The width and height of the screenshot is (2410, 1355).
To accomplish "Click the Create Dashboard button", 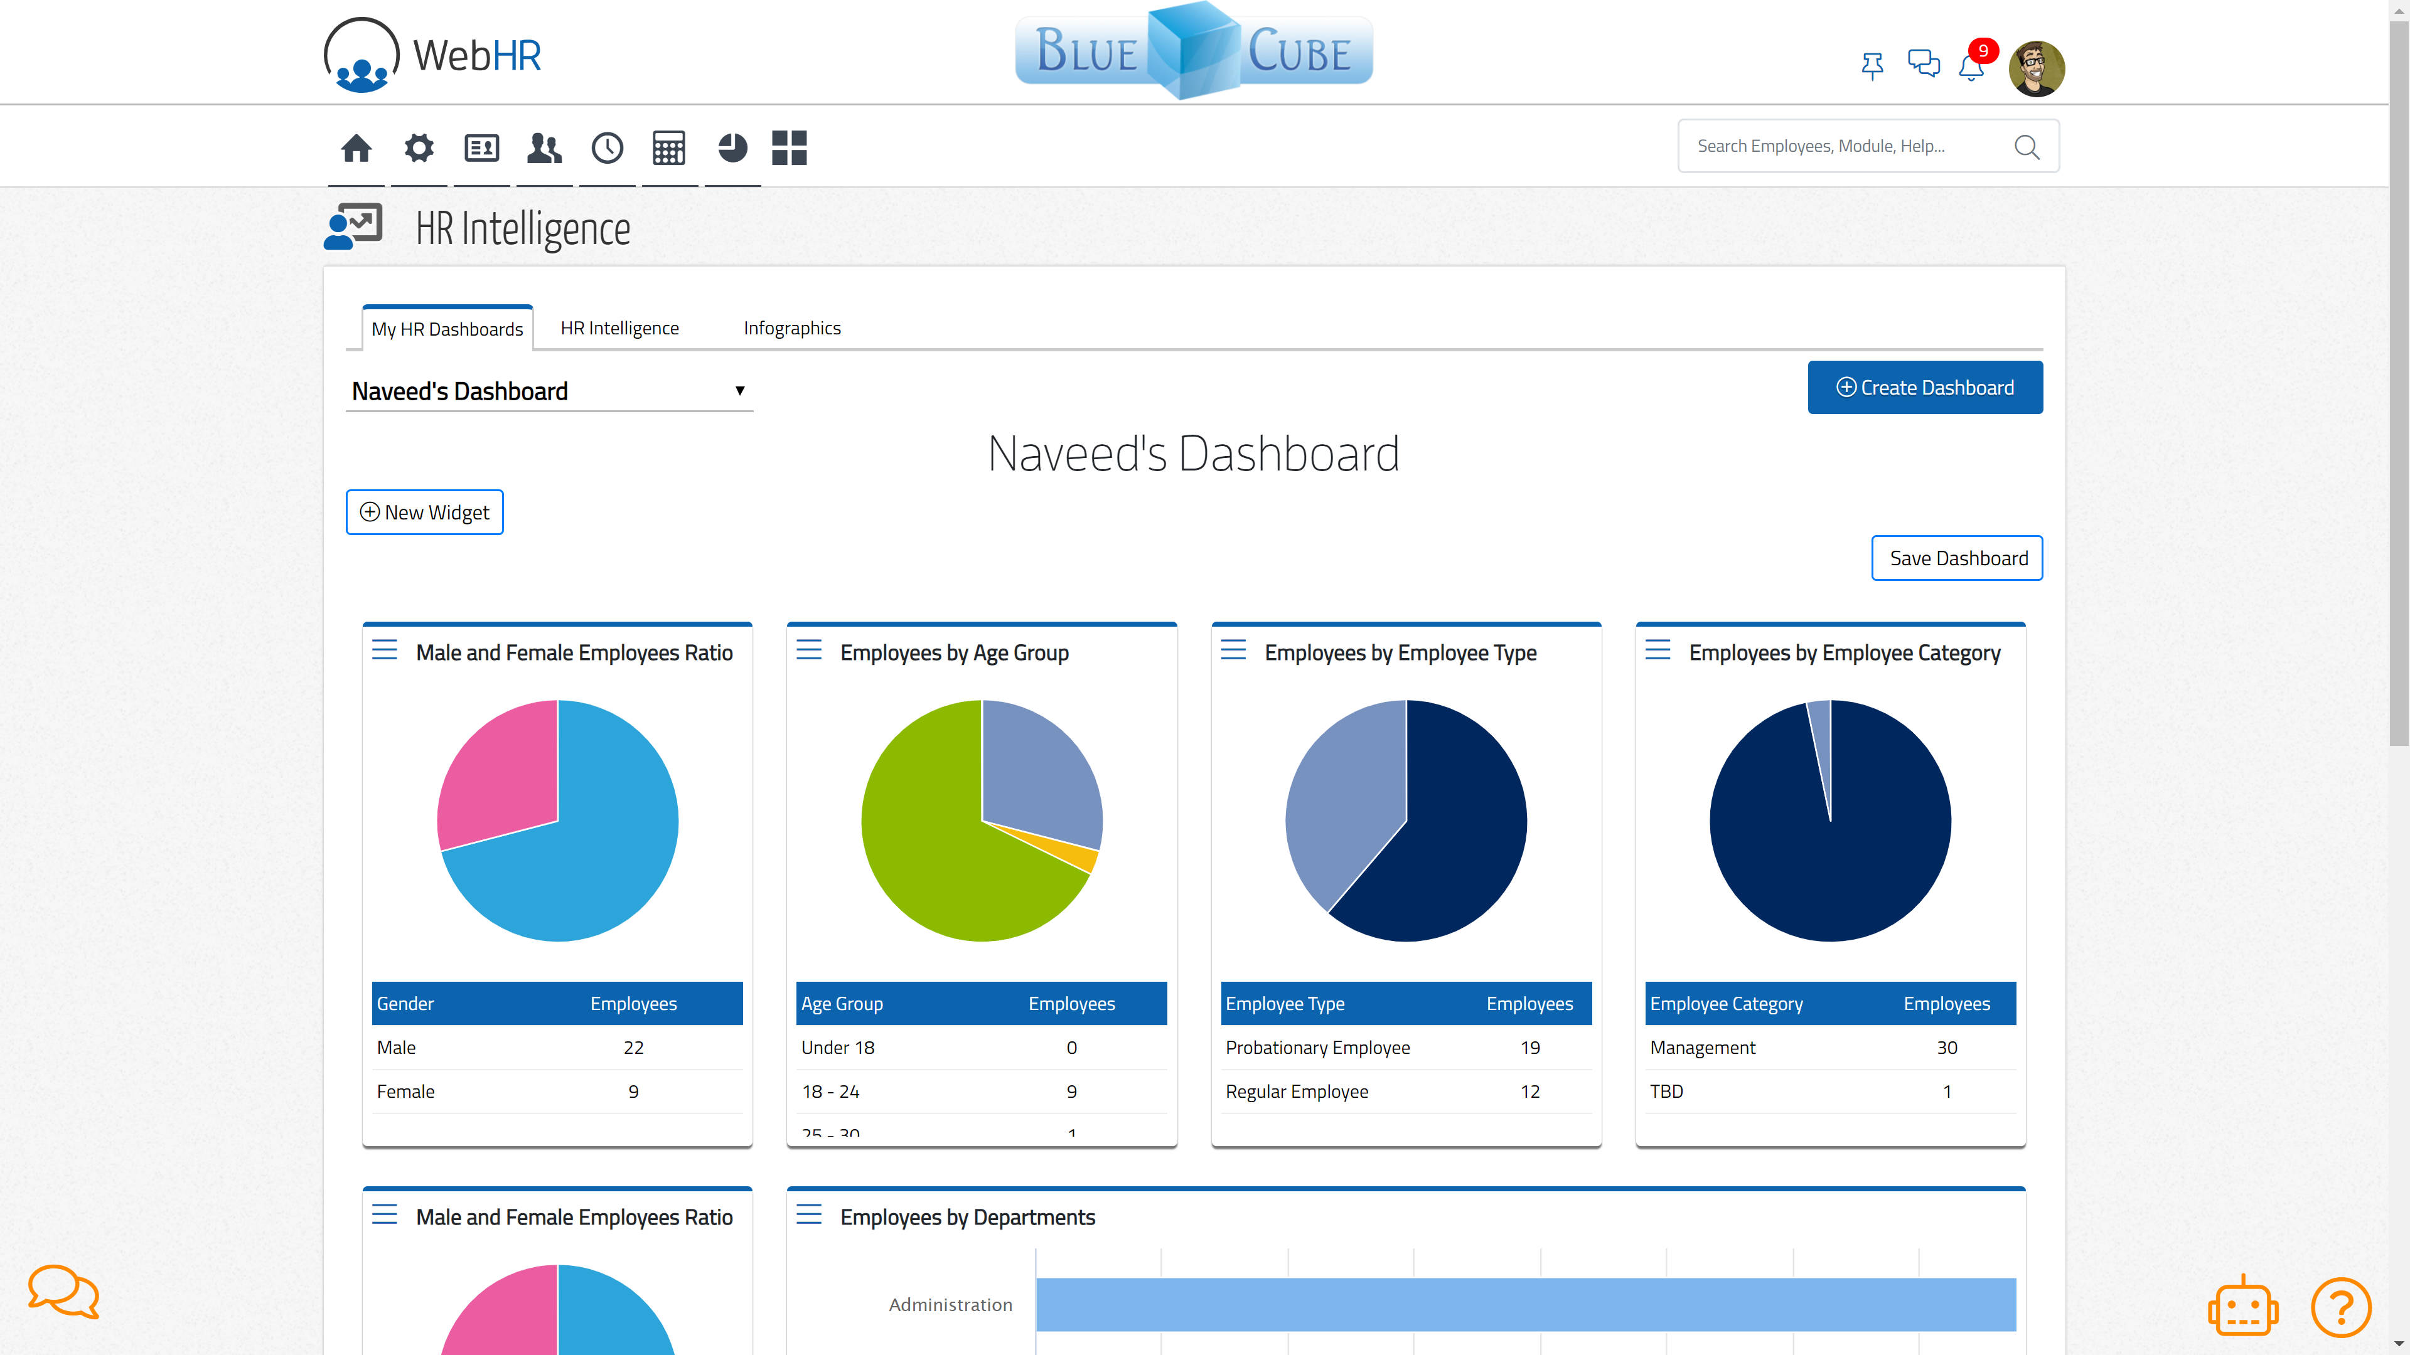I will point(1924,387).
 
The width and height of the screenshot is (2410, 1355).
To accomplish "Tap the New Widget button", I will point(425,513).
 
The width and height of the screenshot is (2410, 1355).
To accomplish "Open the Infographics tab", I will point(791,328).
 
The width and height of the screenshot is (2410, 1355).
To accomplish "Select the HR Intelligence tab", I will point(619,328).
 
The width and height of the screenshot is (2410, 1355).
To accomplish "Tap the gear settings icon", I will point(419,148).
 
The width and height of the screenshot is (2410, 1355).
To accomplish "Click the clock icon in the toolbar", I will point(607,148).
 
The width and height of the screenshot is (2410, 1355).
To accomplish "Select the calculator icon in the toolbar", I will point(669,148).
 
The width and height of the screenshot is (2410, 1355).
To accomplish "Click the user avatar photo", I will point(2036,68).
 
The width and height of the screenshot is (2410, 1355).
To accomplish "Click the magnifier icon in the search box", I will point(2027,147).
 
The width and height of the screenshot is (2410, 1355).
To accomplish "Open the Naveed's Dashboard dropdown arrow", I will point(739,391).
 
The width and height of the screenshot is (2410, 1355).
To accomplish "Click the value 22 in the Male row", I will point(633,1048).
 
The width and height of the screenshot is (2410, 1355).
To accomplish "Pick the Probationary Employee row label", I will point(1317,1048).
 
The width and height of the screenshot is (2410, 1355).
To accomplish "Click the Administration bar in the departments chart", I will point(1525,1305).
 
